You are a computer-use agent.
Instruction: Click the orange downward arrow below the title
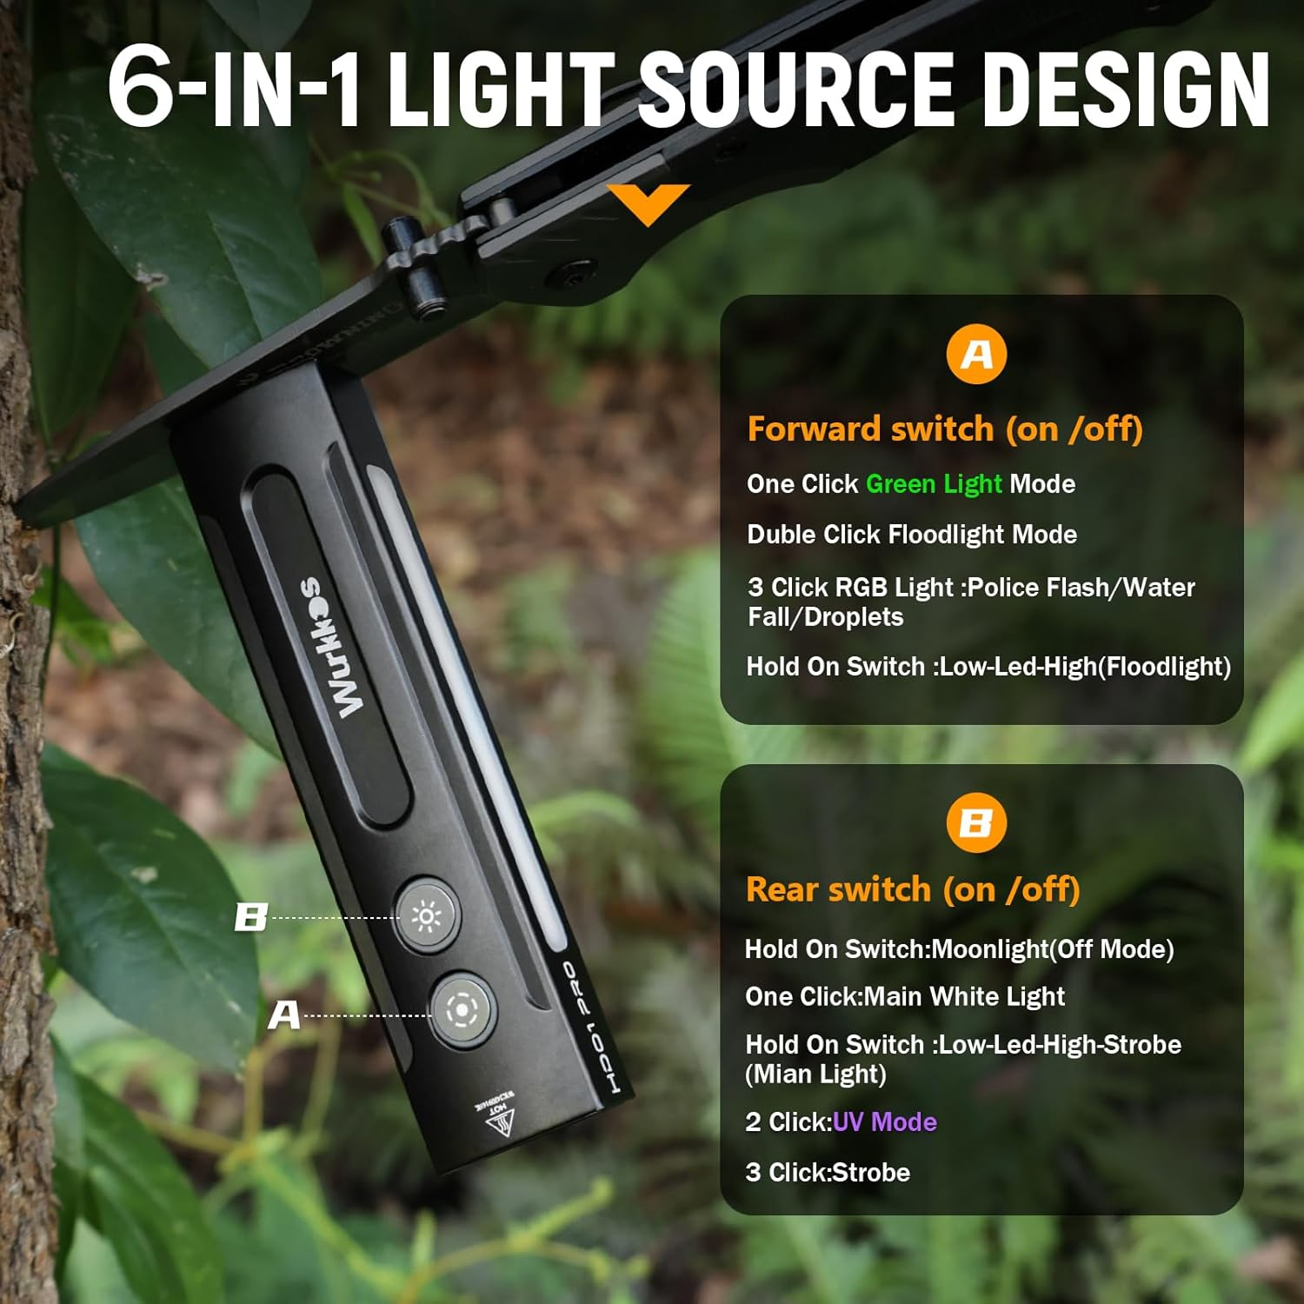649,203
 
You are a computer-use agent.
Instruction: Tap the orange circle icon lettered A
976,354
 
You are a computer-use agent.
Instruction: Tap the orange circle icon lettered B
976,822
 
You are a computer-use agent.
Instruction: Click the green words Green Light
934,484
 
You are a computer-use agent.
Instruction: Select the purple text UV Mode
884,1122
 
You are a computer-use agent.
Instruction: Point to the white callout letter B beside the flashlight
251,917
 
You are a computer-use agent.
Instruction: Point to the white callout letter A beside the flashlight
284,1015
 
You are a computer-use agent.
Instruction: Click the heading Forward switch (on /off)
945,429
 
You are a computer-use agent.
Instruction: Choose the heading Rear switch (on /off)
913,890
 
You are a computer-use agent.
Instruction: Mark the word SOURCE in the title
796,90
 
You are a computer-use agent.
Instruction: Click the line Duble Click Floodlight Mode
912,535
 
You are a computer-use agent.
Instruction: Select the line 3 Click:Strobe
828,1173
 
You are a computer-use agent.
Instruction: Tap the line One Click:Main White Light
905,996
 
